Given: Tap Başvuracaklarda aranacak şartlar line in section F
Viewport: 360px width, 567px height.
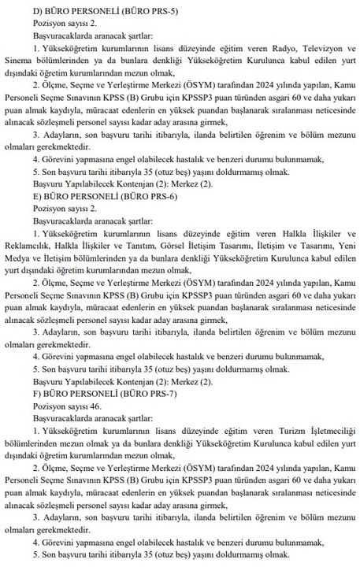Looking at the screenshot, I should coord(80,435).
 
